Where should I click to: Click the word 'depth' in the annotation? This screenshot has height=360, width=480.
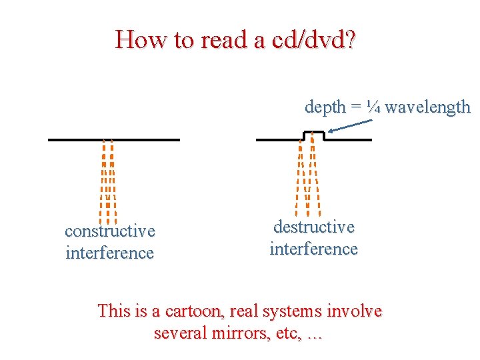(325, 107)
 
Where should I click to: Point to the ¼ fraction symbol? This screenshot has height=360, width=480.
(374, 107)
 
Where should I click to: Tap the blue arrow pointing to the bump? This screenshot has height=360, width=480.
(351, 126)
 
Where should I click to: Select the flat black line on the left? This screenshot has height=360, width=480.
(113, 139)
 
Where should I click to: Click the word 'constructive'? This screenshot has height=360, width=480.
(110, 231)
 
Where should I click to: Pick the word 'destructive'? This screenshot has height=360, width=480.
(314, 227)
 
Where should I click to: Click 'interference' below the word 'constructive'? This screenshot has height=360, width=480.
(110, 253)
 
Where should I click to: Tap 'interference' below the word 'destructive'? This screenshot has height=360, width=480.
(314, 249)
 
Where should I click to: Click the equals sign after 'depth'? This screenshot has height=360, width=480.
(357, 107)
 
